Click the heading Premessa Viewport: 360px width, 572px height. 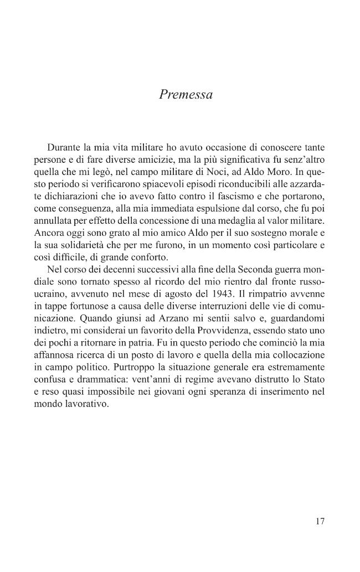[x=186, y=95]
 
